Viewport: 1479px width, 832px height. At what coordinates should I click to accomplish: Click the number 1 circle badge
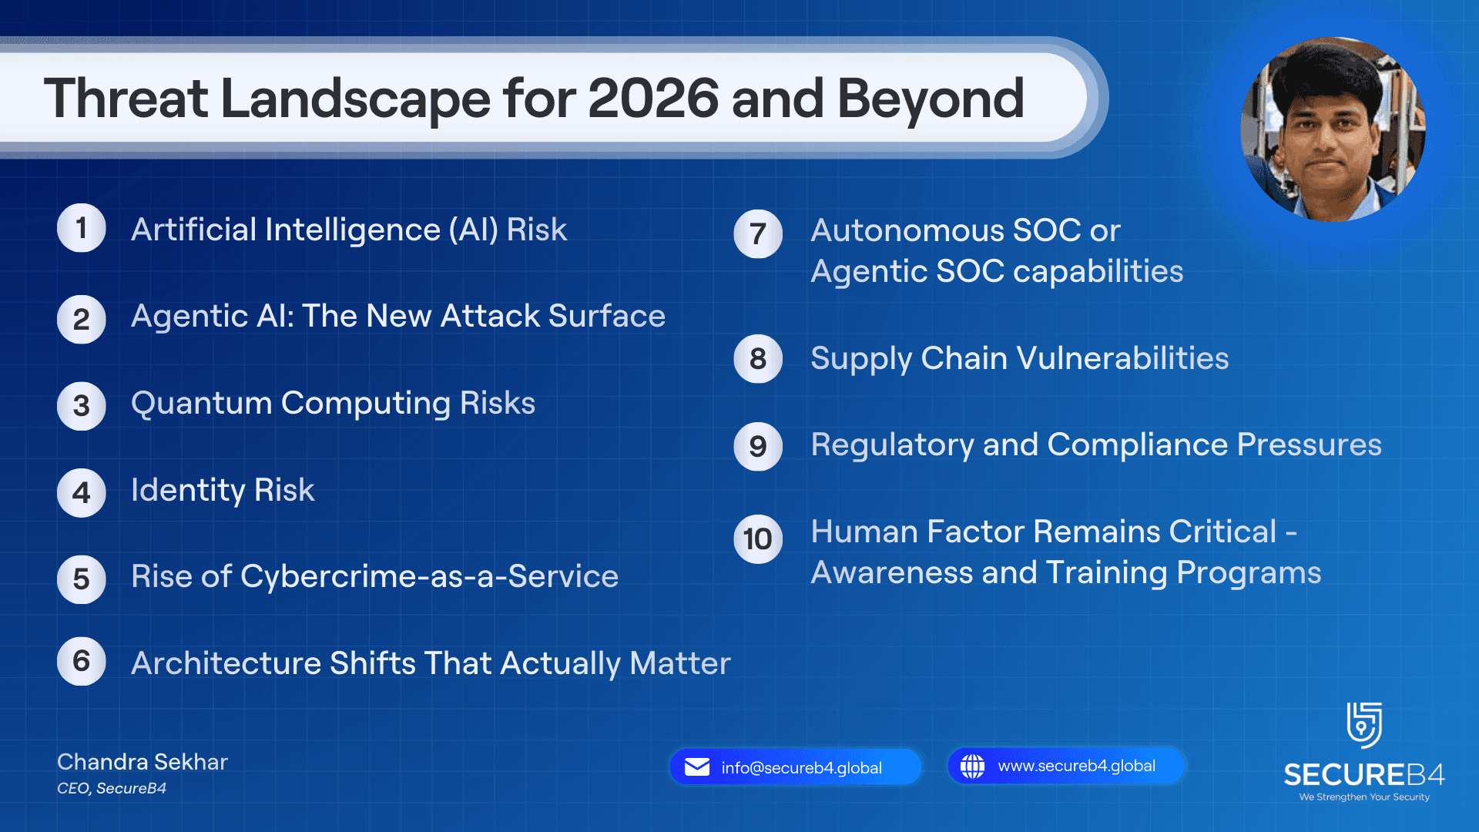pyautogui.click(x=81, y=228)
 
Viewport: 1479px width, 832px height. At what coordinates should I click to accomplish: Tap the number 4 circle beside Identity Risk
pyautogui.click(x=81, y=492)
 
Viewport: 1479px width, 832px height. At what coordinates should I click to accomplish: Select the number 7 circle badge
pyautogui.click(x=758, y=233)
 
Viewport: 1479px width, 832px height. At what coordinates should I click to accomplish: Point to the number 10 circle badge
pyautogui.click(x=758, y=538)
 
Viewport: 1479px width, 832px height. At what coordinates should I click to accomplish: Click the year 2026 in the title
pyautogui.click(x=653, y=99)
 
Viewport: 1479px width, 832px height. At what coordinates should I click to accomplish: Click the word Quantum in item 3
pyautogui.click(x=201, y=403)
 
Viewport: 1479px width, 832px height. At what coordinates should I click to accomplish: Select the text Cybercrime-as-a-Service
pyautogui.click(x=429, y=576)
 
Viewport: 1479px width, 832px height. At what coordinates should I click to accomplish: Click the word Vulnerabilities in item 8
pyautogui.click(x=1122, y=358)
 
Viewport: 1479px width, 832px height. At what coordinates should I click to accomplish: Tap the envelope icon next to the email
pyautogui.click(x=697, y=767)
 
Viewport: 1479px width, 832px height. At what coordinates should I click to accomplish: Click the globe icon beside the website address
pyautogui.click(x=972, y=766)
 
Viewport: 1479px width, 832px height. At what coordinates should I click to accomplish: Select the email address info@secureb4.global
pyautogui.click(x=801, y=768)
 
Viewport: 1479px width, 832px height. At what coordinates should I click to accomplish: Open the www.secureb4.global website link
pyautogui.click(x=1077, y=766)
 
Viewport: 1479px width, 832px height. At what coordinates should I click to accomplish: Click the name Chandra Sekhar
pyautogui.click(x=143, y=762)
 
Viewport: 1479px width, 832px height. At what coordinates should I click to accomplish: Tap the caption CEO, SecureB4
pyautogui.click(x=112, y=788)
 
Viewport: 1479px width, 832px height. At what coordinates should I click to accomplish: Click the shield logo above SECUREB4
pyautogui.click(x=1364, y=724)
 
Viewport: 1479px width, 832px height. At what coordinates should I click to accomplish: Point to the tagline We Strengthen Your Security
pyautogui.click(x=1364, y=797)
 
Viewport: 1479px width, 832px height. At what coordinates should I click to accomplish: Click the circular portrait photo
pyautogui.click(x=1333, y=129)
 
